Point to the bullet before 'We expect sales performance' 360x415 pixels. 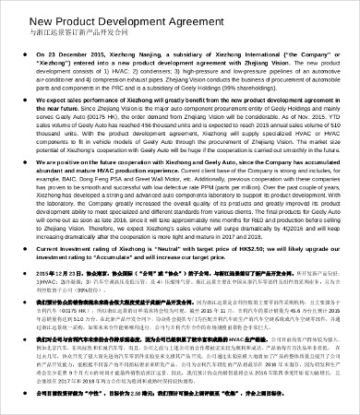[x=27, y=121]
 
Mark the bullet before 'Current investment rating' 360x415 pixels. [x=27, y=249]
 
